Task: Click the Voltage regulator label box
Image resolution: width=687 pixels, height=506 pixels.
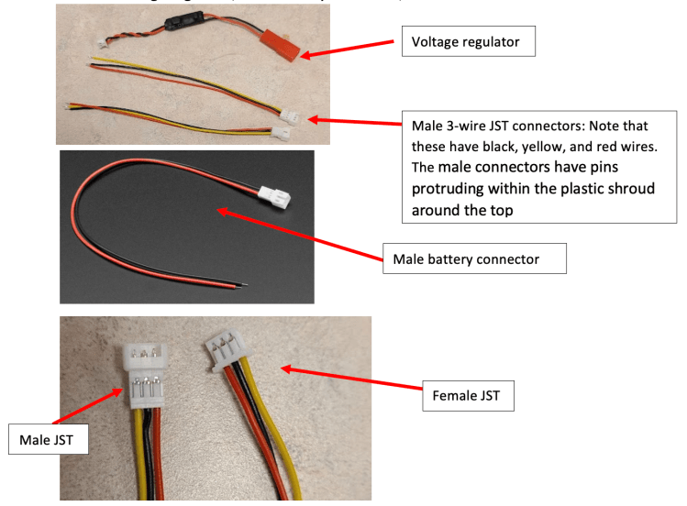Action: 467,41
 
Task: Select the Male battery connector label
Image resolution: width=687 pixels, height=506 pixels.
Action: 473,258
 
